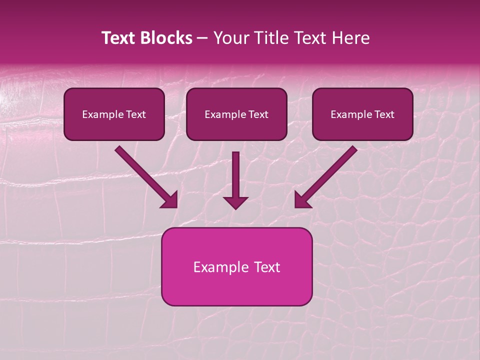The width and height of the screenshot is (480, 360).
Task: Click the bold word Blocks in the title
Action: coord(168,38)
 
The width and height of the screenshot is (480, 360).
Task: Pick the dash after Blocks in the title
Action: coord(202,38)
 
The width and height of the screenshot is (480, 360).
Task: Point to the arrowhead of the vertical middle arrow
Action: coord(235,202)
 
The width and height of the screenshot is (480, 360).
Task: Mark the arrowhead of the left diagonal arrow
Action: coord(170,200)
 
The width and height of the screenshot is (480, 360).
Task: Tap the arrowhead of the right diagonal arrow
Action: coord(302,200)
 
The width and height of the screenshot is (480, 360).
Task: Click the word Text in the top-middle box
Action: coord(258,114)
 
